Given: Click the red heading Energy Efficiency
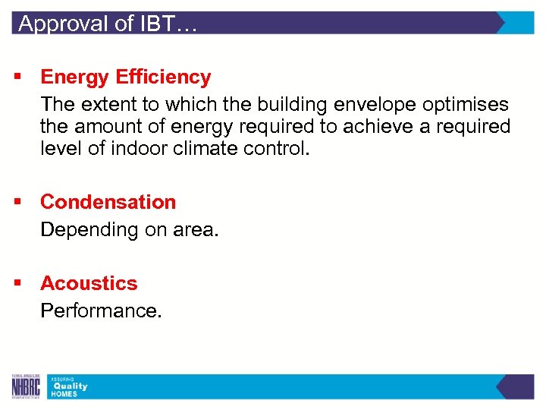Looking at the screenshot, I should (125, 77).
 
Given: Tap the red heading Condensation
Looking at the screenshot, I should (108, 202).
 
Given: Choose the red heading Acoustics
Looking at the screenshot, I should (89, 283).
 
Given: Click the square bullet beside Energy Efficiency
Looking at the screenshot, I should (16, 77).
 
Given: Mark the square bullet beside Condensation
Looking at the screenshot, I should (16, 203).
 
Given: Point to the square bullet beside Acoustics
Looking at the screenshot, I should (16, 284).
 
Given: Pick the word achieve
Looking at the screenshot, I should (376, 126).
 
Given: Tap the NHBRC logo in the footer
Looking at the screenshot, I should (26, 386).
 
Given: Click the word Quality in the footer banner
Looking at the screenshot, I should (69, 386).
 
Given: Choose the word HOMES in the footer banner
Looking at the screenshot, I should (64, 394).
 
